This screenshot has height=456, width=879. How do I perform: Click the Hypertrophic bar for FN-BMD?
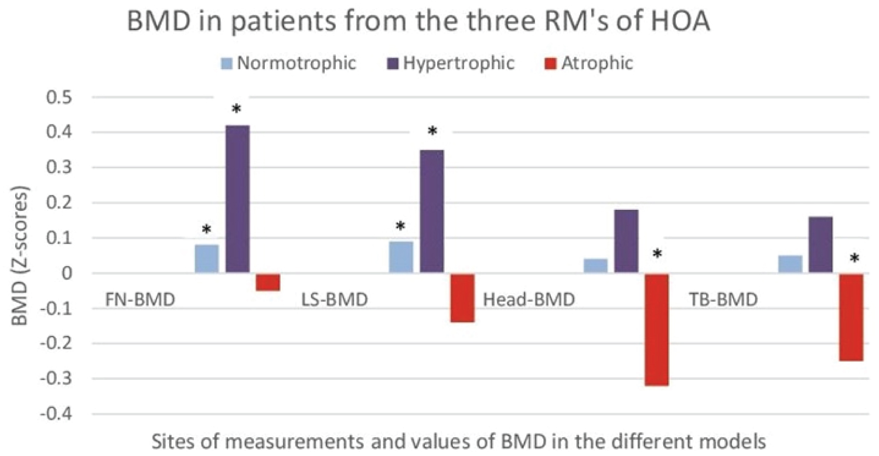pyautogui.click(x=237, y=199)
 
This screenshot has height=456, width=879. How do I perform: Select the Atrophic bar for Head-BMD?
pyautogui.click(x=657, y=329)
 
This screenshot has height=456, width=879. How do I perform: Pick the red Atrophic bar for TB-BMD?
pyautogui.click(x=851, y=317)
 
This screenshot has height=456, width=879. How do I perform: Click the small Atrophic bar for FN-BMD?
pyautogui.click(x=268, y=282)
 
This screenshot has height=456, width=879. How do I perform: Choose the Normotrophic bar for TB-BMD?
pyautogui.click(x=790, y=264)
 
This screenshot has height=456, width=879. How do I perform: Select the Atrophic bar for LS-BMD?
pyautogui.click(x=462, y=298)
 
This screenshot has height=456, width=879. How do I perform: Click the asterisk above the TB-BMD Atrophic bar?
pyautogui.click(x=855, y=258)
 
